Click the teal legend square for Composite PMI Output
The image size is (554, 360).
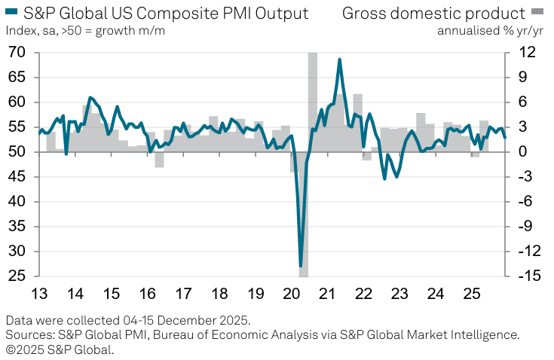11,13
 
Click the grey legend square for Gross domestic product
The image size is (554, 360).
537,13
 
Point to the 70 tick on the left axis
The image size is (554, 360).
16,53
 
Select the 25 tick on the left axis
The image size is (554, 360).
16,276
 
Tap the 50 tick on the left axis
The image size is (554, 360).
16,152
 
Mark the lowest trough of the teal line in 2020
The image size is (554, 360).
301,266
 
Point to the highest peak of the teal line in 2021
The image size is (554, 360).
340,59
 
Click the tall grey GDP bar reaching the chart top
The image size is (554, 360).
312,98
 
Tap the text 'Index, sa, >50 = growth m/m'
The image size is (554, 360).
85,30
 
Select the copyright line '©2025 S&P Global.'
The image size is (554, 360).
60,349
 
